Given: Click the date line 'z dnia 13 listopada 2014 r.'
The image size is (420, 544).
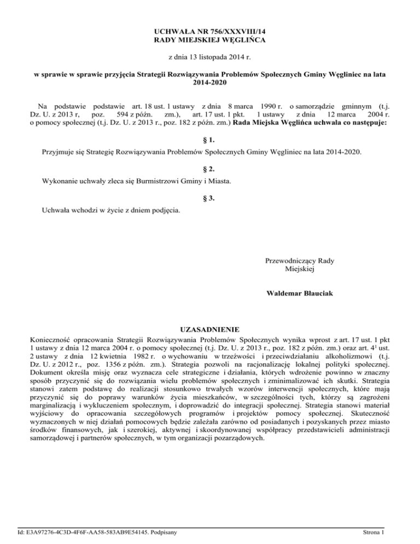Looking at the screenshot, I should pyautogui.click(x=210, y=57).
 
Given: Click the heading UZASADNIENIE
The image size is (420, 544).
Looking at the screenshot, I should pyautogui.click(x=210, y=329).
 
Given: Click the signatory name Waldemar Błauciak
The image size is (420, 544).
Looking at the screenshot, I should pyautogui.click(x=299, y=294).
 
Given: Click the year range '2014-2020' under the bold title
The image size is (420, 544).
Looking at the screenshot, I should pyautogui.click(x=210, y=83).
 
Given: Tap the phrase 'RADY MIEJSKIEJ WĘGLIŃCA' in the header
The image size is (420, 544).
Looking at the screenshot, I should pyautogui.click(x=210, y=42).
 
